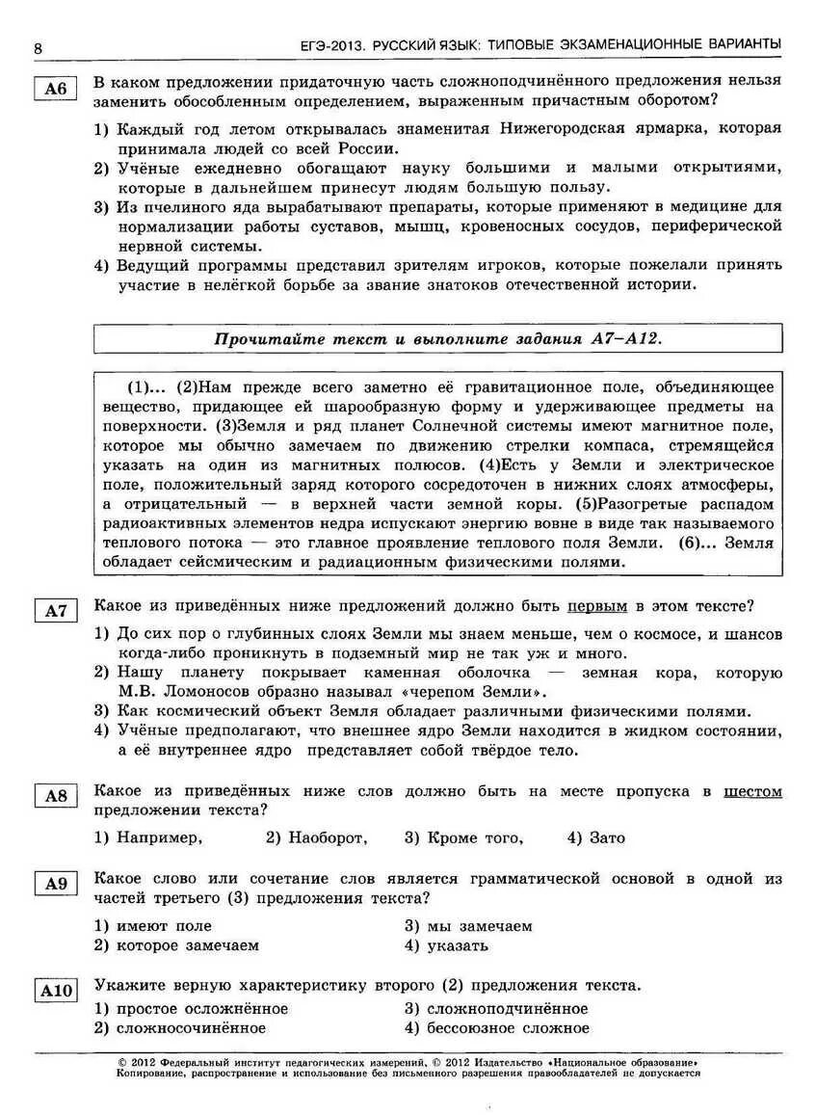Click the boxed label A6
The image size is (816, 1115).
[55, 90]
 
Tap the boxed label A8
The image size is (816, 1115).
[55, 796]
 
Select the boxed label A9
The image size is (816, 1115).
[55, 884]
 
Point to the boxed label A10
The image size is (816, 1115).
[55, 990]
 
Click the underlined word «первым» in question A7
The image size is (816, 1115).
[596, 606]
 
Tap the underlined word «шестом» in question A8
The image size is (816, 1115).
[752, 791]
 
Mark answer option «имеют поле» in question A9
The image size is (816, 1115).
[163, 926]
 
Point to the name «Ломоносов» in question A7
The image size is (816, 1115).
[217, 691]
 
